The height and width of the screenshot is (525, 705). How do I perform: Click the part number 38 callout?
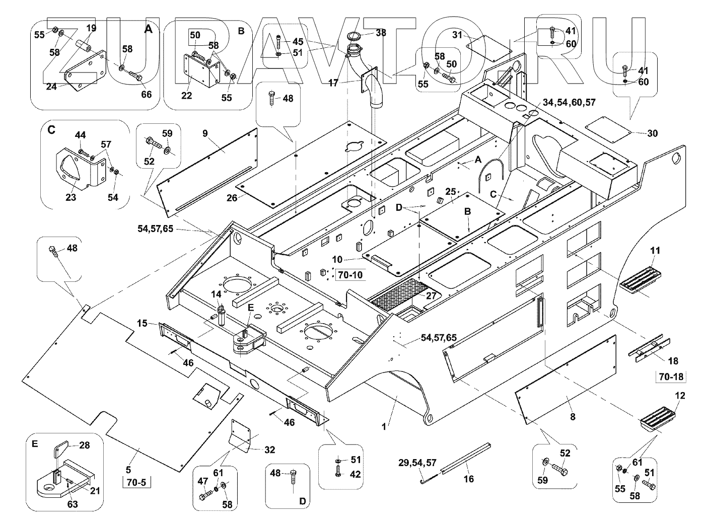point(381,33)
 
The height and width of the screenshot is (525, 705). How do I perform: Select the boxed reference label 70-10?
point(350,275)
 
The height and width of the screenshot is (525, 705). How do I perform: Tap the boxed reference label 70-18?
point(669,376)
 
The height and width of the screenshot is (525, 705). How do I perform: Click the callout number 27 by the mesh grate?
point(431,296)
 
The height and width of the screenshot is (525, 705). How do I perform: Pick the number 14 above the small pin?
point(216,294)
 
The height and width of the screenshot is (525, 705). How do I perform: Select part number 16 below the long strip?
point(469,479)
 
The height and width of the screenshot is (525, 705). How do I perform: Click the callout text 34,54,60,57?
point(570,102)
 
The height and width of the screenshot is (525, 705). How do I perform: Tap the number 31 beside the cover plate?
point(457,35)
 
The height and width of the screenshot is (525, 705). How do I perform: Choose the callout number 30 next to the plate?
point(652,133)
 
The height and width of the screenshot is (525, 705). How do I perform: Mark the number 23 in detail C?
point(70,197)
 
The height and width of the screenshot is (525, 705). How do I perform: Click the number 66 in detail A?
point(146,94)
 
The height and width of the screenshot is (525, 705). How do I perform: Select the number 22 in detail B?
point(187,96)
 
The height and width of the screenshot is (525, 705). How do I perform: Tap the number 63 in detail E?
point(73,504)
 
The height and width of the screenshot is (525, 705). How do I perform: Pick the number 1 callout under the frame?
point(384,426)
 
